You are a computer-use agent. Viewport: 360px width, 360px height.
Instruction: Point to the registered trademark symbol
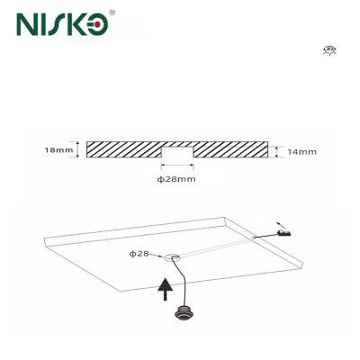[x=112, y=13]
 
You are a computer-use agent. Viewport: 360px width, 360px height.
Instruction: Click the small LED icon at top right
[x=330, y=51]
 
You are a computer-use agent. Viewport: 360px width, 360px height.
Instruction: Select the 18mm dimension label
[x=58, y=149]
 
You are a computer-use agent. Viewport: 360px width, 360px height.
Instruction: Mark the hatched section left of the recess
[x=122, y=149]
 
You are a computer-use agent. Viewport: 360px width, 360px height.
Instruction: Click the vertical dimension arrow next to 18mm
[x=79, y=149]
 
